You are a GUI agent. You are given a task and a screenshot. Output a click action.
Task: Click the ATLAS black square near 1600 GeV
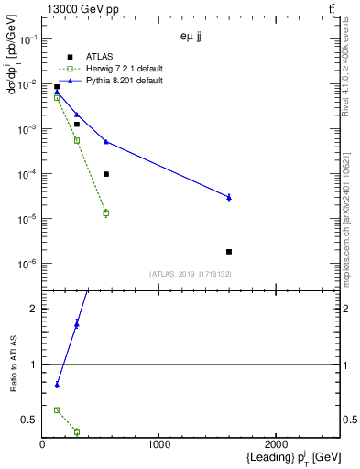(229, 251)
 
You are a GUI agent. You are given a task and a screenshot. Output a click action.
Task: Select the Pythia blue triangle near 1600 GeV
(229, 197)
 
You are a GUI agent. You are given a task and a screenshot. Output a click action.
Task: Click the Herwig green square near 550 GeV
(106, 213)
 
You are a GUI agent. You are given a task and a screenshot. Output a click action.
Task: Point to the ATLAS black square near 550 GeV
(106, 174)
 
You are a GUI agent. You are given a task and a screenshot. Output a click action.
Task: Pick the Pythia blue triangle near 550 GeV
(106, 141)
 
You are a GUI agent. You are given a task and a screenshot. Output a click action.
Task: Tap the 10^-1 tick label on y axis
(27, 39)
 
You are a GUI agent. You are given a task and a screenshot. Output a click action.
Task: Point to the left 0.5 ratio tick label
(29, 420)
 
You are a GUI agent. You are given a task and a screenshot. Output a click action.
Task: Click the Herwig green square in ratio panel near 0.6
(57, 410)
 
